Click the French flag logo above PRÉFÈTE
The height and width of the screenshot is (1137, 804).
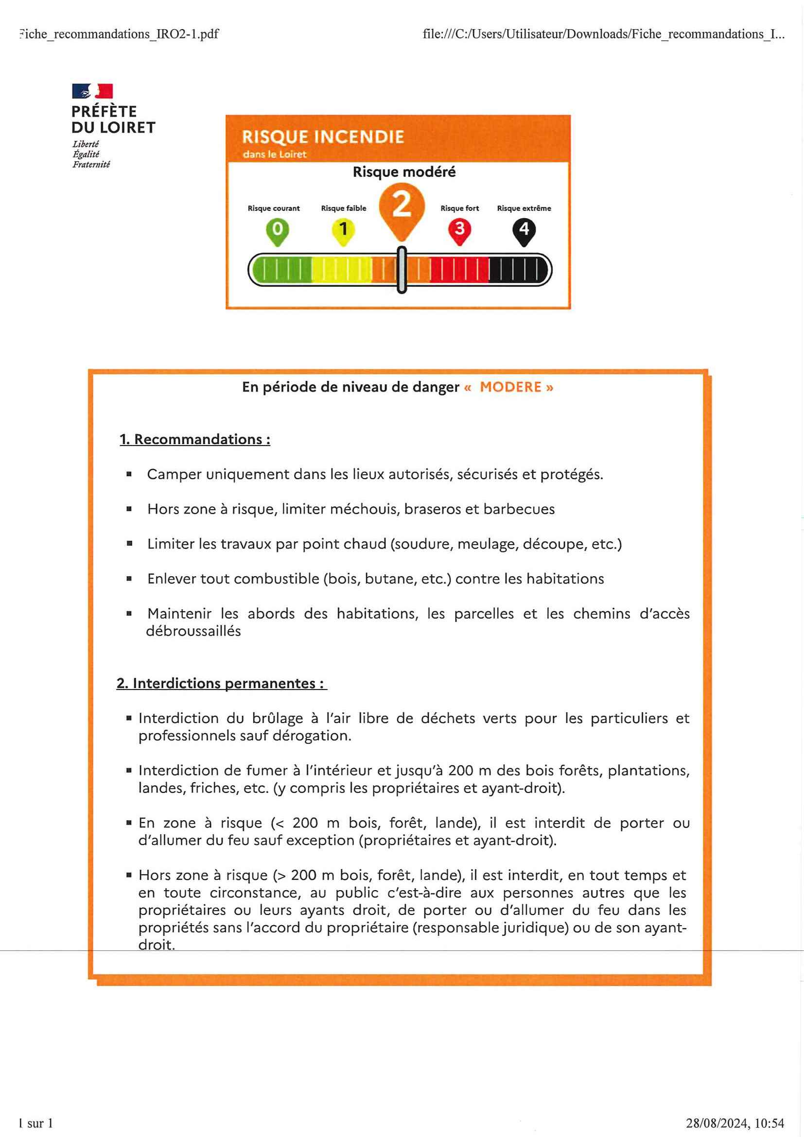[92, 91]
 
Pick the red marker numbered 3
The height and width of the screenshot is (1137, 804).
[459, 230]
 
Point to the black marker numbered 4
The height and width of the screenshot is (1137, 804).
[524, 230]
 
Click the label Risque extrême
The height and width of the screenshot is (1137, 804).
[524, 208]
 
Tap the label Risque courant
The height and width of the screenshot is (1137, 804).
[274, 208]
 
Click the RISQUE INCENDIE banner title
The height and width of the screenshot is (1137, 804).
[322, 137]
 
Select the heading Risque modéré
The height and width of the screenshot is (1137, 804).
[404, 172]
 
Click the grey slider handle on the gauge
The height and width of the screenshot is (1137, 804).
[402, 270]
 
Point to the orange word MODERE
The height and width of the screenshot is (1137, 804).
[510, 387]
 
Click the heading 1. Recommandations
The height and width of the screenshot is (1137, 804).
[195, 439]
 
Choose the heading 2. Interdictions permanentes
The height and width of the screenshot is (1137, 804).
[222, 683]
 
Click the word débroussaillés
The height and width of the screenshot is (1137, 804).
[193, 631]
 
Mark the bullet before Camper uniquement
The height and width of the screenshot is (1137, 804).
[129, 474]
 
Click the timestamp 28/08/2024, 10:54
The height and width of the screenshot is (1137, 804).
[734, 1123]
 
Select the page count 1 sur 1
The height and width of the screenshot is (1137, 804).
[35, 1123]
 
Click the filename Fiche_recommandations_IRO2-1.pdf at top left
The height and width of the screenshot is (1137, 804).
[119, 34]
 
